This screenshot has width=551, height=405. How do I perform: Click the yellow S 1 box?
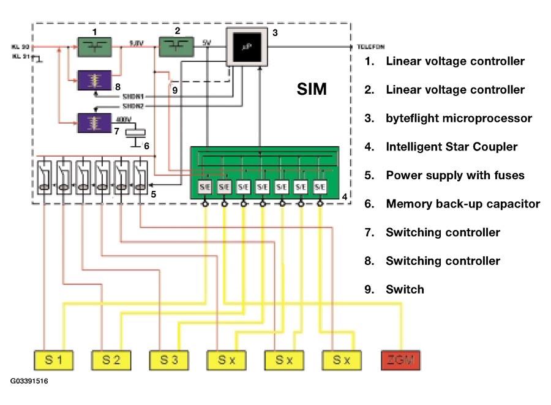[x=52, y=360]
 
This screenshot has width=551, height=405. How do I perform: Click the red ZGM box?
[x=401, y=360]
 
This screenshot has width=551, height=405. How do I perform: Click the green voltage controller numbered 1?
[x=94, y=46]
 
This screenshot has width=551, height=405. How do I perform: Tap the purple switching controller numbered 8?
[x=94, y=80]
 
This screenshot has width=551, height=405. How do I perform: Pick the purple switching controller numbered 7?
[x=94, y=122]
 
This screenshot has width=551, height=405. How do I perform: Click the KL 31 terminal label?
[x=20, y=57]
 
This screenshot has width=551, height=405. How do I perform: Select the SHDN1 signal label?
[x=133, y=95]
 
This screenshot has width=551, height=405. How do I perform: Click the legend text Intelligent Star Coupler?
[x=451, y=147]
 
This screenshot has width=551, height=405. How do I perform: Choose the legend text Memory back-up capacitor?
[x=463, y=204]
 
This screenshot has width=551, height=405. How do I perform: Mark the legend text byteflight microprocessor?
[x=459, y=118]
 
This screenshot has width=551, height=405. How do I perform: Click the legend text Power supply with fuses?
[x=455, y=176]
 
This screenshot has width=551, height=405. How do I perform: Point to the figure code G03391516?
[x=29, y=381]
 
